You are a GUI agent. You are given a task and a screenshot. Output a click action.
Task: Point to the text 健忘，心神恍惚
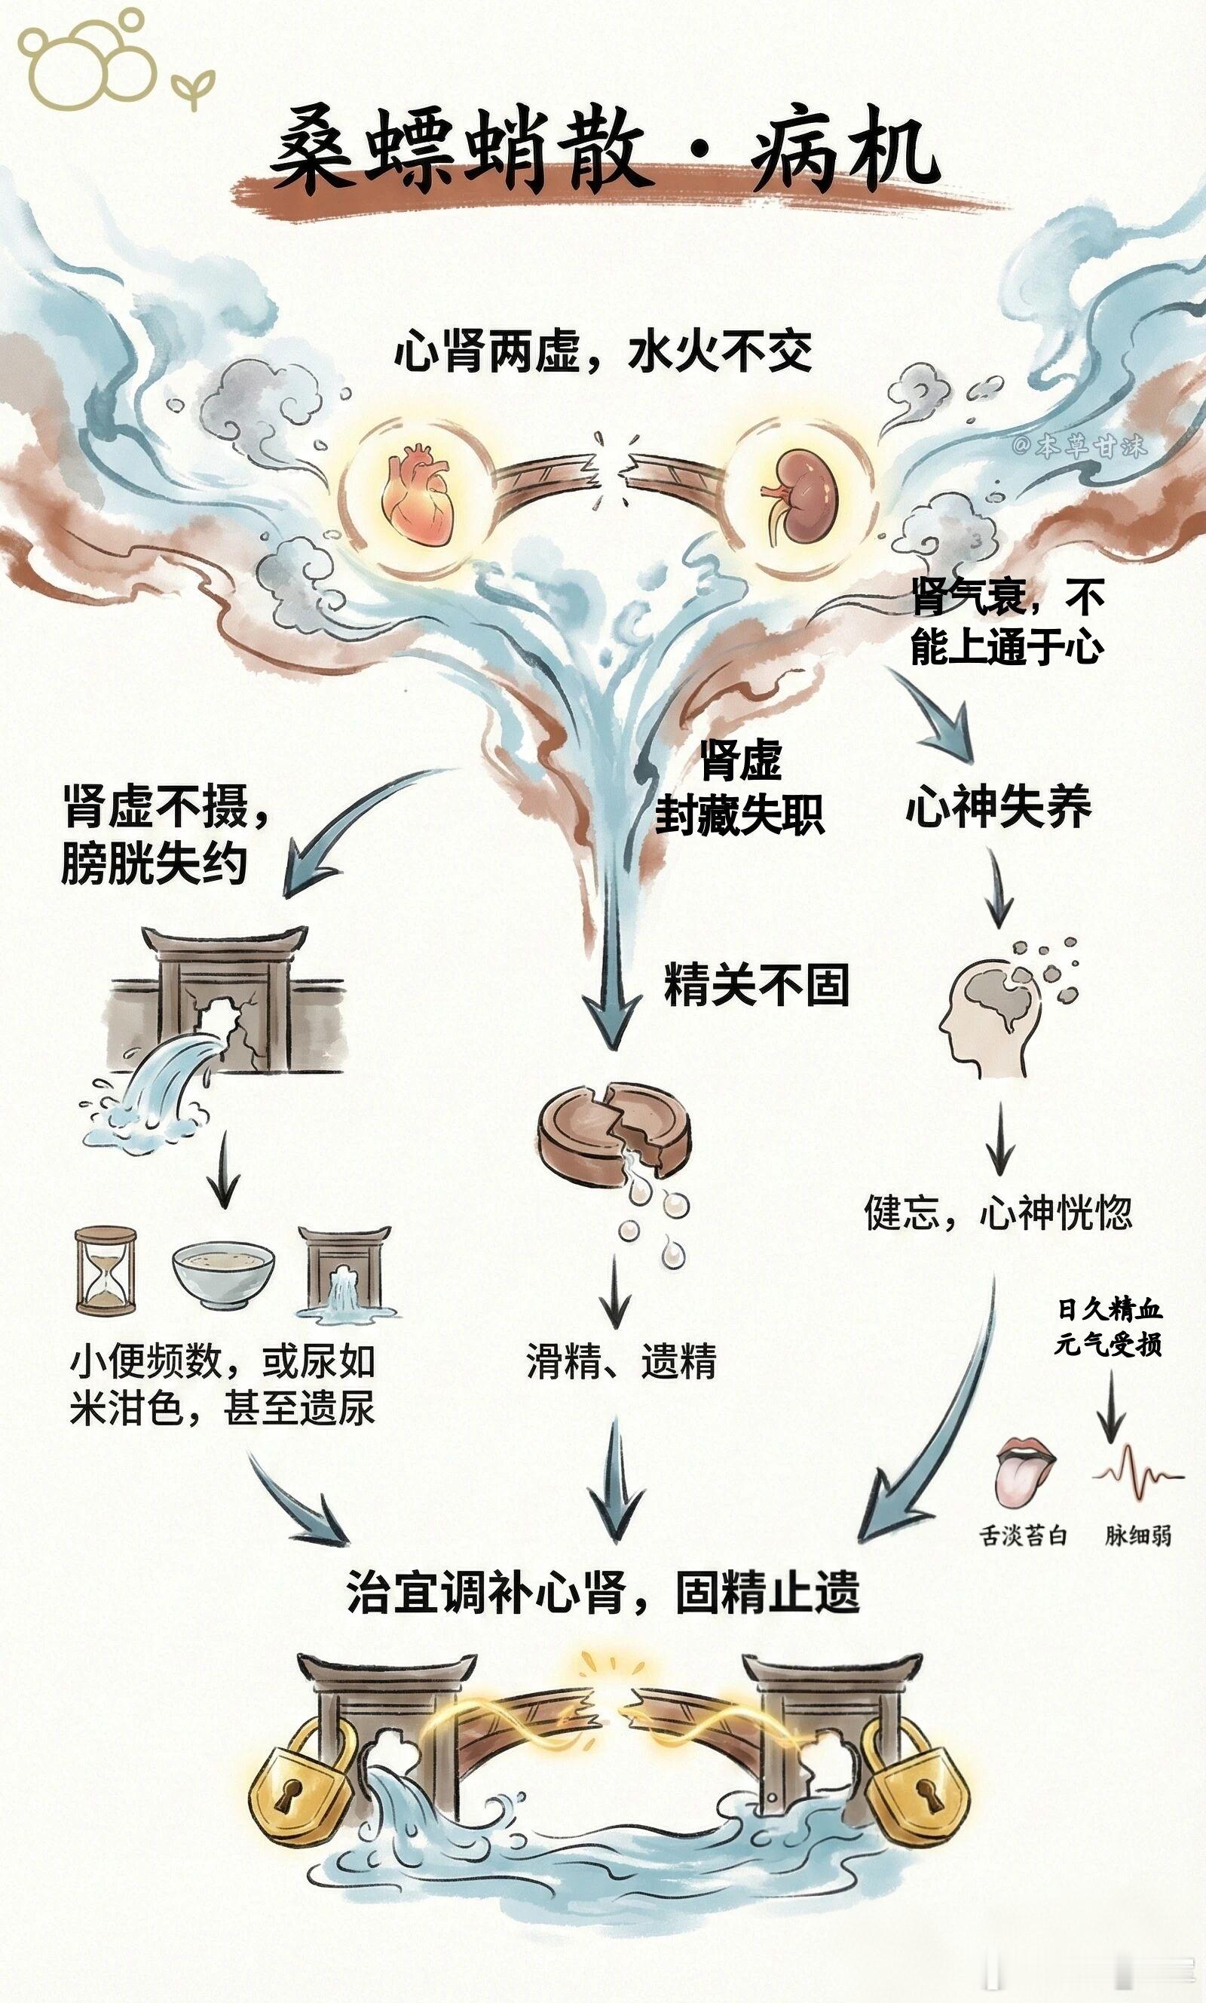point(997,1213)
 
